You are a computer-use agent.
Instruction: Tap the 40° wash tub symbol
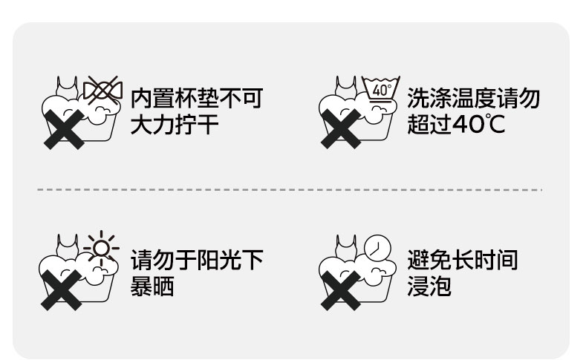[381, 90]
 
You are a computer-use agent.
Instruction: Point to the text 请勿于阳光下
[196, 261]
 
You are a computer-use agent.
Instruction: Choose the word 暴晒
[152, 286]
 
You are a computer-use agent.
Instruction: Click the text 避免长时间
[463, 261]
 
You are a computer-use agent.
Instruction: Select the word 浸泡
[429, 286]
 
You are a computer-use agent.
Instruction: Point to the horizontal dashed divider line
[290, 190]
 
